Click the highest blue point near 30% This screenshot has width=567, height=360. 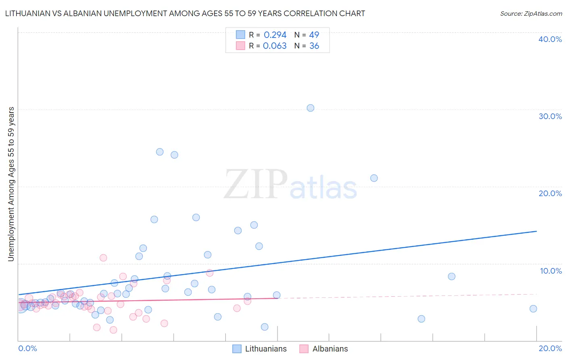tap(310, 108)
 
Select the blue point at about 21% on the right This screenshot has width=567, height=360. tap(374, 178)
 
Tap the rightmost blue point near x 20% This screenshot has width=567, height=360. tap(533, 309)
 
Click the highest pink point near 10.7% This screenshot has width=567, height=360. tap(103, 258)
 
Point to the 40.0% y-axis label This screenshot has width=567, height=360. tap(550, 39)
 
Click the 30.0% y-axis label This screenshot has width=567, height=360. tap(550, 116)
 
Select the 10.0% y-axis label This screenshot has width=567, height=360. tap(551, 271)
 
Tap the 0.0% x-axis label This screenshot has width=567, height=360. tap(27, 348)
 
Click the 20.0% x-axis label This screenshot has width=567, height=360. tap(550, 348)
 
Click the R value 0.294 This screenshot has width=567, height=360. tap(275, 35)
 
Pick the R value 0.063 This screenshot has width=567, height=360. tap(275, 46)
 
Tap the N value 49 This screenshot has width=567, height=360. tap(314, 35)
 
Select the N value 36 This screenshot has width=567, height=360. tap(314, 46)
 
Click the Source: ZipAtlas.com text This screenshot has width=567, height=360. tap(531, 13)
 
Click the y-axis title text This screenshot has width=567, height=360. tap(11, 184)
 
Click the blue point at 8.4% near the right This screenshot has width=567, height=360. tap(452, 276)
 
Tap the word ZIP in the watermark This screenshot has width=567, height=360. tap(255, 184)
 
